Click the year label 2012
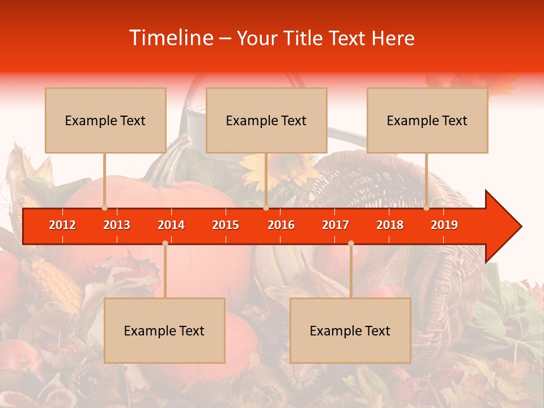click(x=62, y=225)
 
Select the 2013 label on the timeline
click(x=117, y=225)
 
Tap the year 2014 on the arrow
click(x=171, y=225)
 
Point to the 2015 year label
click(x=226, y=225)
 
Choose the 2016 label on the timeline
click(x=281, y=225)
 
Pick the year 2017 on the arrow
click(x=335, y=225)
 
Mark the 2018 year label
click(x=390, y=225)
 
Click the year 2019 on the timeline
click(x=444, y=225)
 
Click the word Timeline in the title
click(x=171, y=38)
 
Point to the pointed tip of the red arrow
click(x=520, y=226)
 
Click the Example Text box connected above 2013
click(x=105, y=120)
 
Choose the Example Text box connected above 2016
click(x=266, y=120)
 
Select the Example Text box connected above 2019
click(x=427, y=120)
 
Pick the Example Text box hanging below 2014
click(x=164, y=330)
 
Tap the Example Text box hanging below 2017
click(x=350, y=330)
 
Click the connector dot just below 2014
click(x=165, y=243)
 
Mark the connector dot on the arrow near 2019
click(x=426, y=207)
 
